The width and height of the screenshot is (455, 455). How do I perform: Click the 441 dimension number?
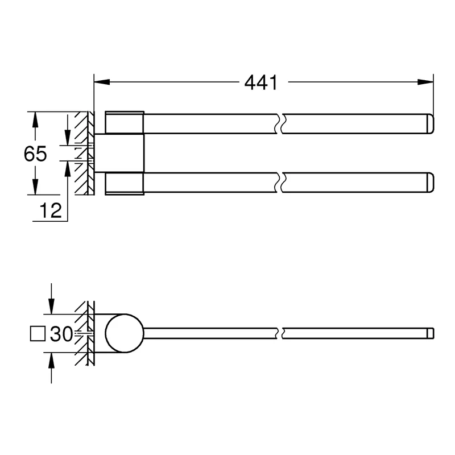(261, 82)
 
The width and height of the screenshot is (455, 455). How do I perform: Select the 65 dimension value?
(35, 154)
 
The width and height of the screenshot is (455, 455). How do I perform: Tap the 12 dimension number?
(51, 210)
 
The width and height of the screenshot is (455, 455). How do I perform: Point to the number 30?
(61, 334)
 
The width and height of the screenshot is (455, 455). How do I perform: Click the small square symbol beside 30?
(38, 334)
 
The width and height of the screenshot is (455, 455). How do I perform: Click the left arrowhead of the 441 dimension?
(102, 82)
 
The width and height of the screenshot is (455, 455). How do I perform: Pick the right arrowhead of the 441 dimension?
(425, 82)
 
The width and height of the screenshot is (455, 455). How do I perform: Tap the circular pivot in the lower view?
(125, 333)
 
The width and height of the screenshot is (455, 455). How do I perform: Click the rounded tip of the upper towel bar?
(430, 124)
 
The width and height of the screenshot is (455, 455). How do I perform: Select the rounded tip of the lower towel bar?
(430, 183)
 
